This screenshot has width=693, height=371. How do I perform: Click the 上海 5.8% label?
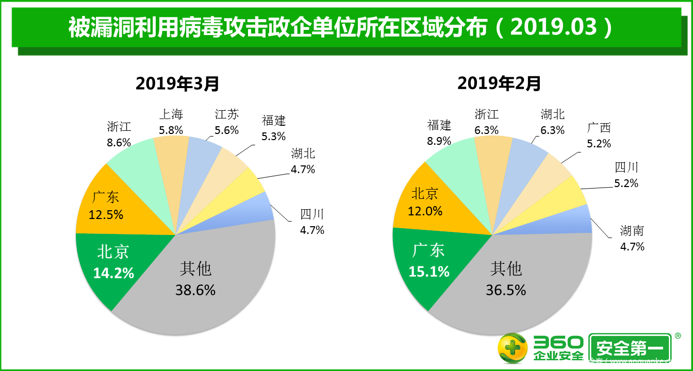pos(171,122)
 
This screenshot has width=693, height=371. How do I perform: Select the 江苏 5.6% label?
pos(227,122)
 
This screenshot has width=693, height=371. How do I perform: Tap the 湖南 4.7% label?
pos(632,238)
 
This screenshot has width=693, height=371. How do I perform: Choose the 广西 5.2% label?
pos(599,135)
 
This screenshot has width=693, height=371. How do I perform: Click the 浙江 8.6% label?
pos(119,134)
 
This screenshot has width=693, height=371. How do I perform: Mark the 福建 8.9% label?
pos(439,132)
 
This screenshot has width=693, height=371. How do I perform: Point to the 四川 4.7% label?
pos(312,222)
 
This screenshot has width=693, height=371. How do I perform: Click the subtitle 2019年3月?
pos(177,83)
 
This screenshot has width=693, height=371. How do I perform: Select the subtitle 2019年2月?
pos(499,83)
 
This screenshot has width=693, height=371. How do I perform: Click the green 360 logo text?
pos(558,342)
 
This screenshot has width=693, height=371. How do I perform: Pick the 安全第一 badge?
pos(630,348)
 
